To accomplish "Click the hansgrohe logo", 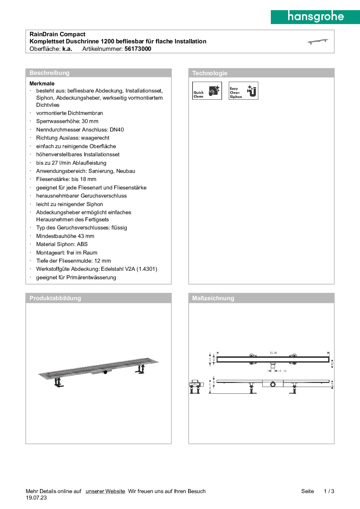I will click(316, 17).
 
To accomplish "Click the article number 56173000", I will click(138, 49).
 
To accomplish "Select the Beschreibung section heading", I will click(49, 73).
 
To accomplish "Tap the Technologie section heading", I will click(210, 73).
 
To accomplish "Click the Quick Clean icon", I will click(207, 91).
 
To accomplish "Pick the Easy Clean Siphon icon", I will click(243, 91).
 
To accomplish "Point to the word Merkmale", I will click(42, 84).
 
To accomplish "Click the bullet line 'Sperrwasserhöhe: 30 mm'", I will click(67, 121).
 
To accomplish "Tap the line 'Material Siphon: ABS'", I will click(62, 244).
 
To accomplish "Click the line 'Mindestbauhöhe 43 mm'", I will click(65, 236).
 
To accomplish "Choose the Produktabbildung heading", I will click(55, 298).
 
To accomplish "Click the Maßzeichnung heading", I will click(213, 298).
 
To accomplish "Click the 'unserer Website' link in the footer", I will click(105, 491).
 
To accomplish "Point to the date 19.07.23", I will click(36, 498).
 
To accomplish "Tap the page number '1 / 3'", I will click(329, 491).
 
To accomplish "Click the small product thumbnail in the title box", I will click(318, 41).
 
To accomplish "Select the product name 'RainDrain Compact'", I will click(57, 34).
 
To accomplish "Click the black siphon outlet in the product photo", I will click(105, 372).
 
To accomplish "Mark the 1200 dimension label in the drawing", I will click(273, 353).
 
